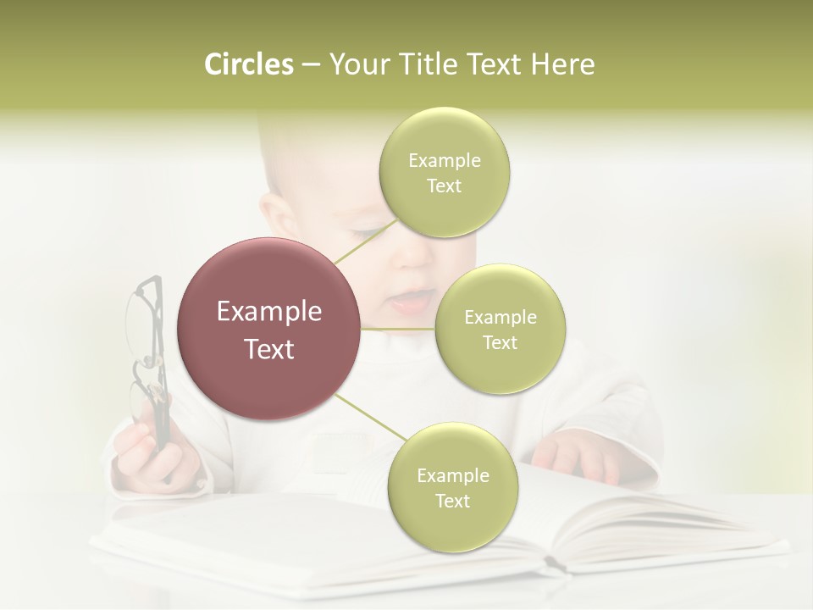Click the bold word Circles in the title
click(249, 64)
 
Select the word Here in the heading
click(562, 64)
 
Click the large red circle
click(268, 329)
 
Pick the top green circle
click(444, 172)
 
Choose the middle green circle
click(500, 329)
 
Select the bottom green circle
click(452, 487)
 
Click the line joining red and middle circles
click(398, 329)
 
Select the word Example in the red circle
click(268, 312)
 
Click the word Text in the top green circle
click(444, 186)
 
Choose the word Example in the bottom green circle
click(452, 475)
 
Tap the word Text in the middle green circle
click(500, 342)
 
